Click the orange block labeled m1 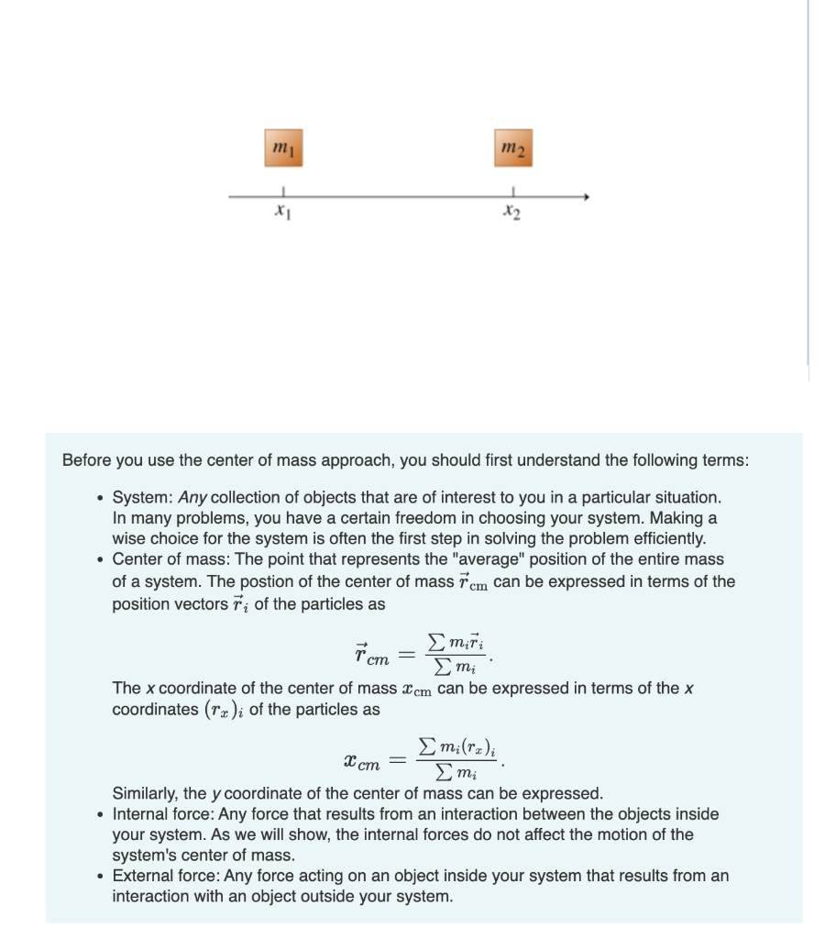[x=283, y=147]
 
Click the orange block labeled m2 [x=512, y=147]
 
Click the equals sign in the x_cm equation [x=396, y=760]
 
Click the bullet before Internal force [x=99, y=814]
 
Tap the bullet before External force [x=99, y=876]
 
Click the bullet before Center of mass [x=99, y=559]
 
